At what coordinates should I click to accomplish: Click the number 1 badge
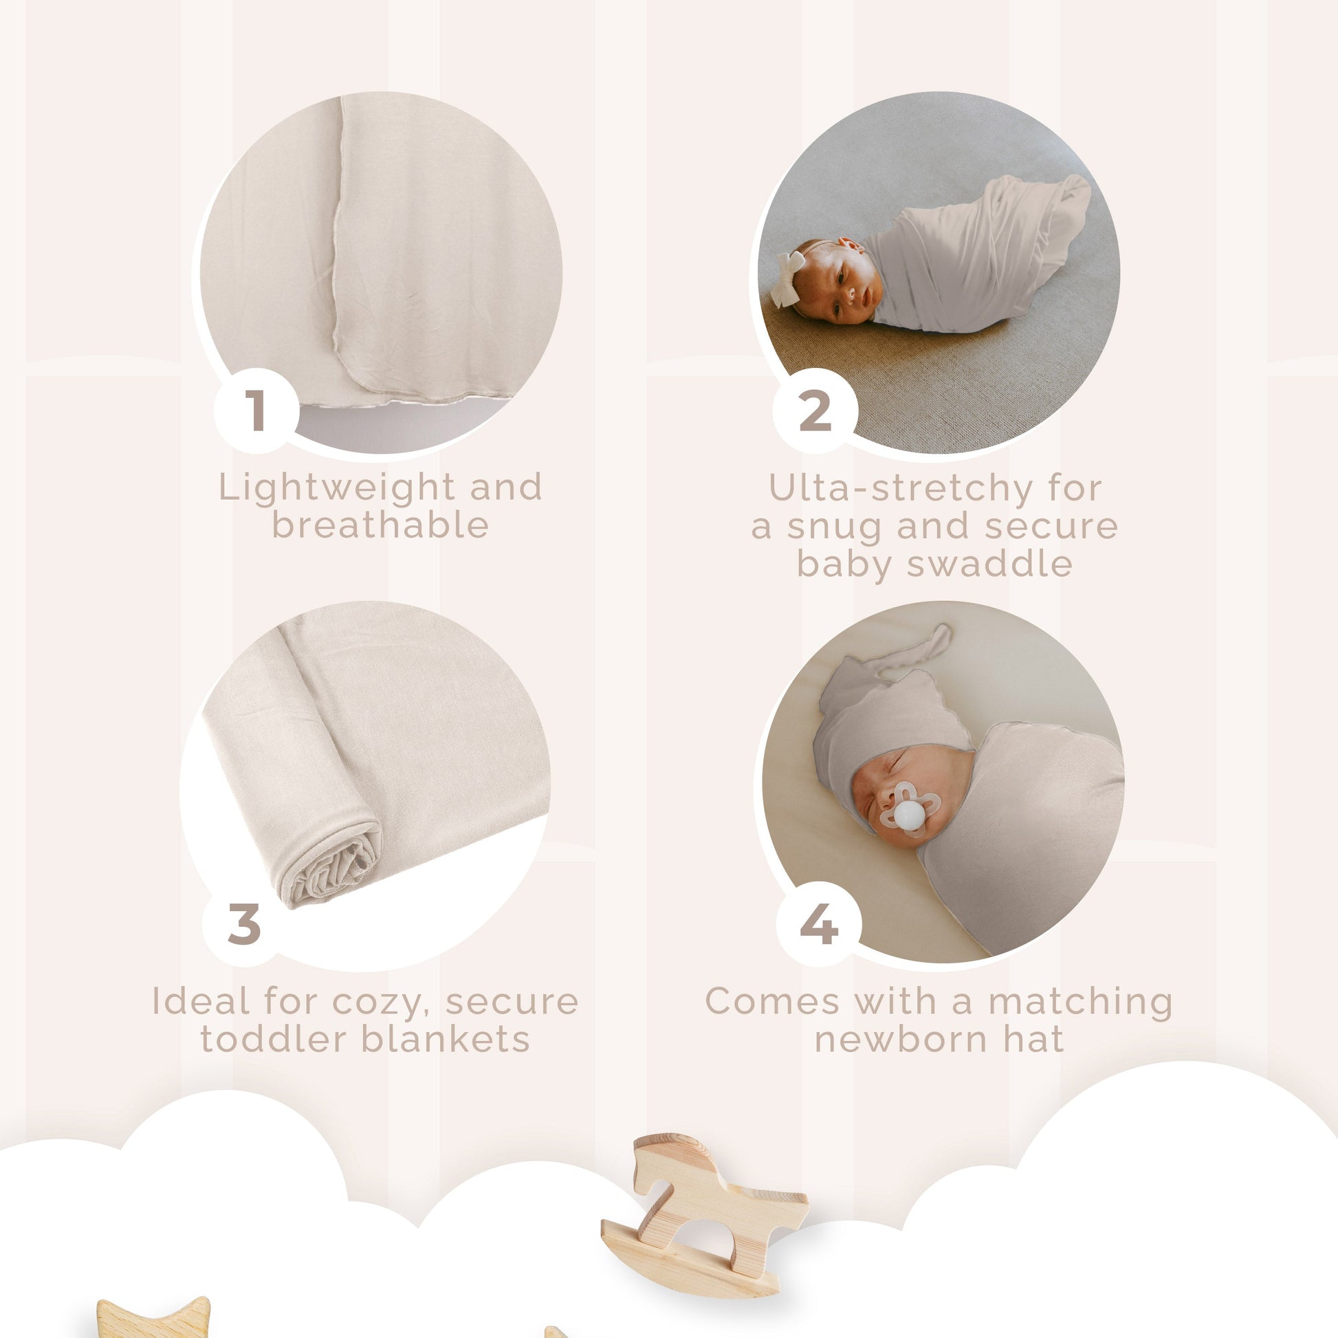coord(256,410)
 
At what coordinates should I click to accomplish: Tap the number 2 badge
coord(815,410)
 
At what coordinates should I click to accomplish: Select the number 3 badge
coord(244,923)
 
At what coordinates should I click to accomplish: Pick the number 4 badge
coord(819,923)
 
